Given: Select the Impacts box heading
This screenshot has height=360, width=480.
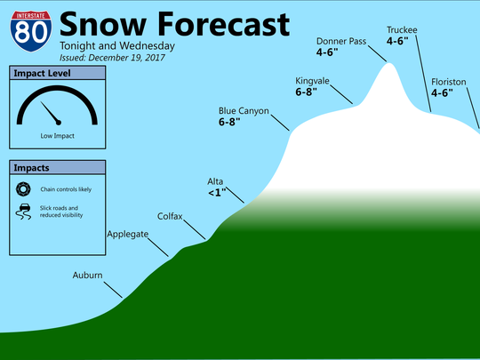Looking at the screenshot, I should (x=31, y=167).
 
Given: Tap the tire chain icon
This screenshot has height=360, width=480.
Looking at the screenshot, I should (x=23, y=188).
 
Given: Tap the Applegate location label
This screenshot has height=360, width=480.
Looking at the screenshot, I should (x=127, y=234).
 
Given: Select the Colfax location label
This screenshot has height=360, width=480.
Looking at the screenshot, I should (x=172, y=216).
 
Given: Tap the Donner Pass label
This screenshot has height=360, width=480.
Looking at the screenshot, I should (x=341, y=41).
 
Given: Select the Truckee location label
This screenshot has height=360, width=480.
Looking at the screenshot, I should (x=402, y=30).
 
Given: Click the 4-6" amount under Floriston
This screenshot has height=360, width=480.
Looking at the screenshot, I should (x=442, y=92).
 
